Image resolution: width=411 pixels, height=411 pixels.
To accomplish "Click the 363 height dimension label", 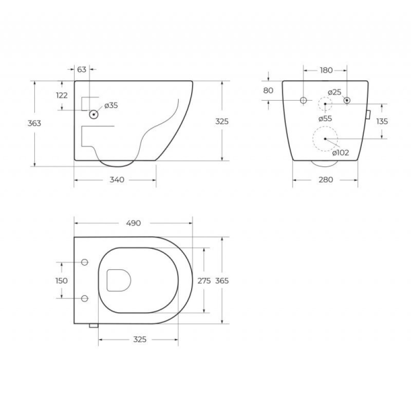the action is click(34, 123).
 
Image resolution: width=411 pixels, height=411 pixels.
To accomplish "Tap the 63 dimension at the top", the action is click(82, 69).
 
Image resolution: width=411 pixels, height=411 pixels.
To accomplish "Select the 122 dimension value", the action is click(62, 96).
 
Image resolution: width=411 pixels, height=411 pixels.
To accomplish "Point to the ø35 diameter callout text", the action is click(111, 105).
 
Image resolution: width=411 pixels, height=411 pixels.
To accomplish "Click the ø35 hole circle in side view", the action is click(94, 115).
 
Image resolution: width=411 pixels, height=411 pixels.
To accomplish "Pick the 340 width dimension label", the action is click(117, 180).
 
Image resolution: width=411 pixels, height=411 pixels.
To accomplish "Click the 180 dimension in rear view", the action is click(326, 70).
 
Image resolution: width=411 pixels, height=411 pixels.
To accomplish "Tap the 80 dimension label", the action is click(268, 90).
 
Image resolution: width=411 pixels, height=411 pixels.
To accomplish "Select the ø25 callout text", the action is click(335, 92).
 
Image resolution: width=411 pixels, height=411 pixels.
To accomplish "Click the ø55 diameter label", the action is click(325, 119).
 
